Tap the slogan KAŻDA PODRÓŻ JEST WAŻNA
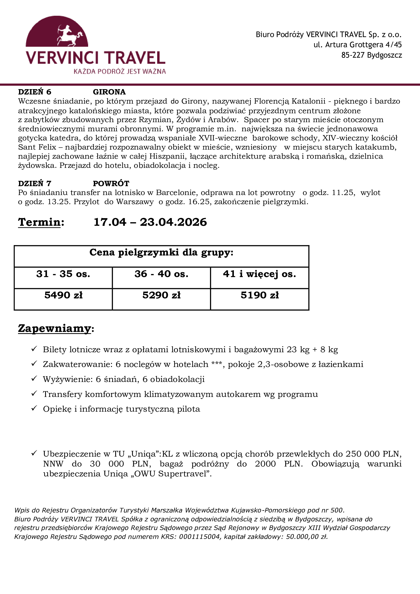(x=120, y=71)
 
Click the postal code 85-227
(x=353, y=55)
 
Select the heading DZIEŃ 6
(x=35, y=92)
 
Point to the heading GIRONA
(x=109, y=92)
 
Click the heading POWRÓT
(x=111, y=183)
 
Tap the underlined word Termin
(x=39, y=222)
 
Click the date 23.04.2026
(x=173, y=222)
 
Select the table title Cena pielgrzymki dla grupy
(x=161, y=252)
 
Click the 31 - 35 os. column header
(x=63, y=274)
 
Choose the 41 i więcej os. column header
(x=260, y=274)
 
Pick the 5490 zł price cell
(x=63, y=295)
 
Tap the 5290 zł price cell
(x=161, y=295)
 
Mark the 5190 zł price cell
(x=260, y=295)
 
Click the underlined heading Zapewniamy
(x=55, y=328)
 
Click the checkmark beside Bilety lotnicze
(x=34, y=349)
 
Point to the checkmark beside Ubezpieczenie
(x=34, y=453)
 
